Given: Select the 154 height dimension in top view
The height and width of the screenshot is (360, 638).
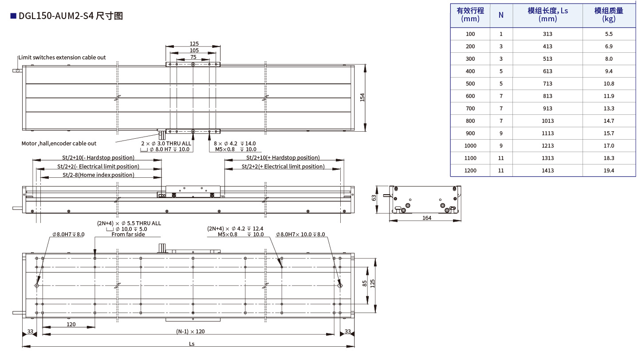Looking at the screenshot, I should (x=362, y=98).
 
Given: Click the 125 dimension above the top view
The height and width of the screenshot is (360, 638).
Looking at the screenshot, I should (x=194, y=43).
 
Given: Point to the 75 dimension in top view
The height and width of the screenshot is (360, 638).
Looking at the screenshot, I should (x=193, y=57).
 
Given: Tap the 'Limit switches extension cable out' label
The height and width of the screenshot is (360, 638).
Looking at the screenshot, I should (x=62, y=57).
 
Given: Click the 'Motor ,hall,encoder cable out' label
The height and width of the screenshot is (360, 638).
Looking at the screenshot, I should (x=59, y=143).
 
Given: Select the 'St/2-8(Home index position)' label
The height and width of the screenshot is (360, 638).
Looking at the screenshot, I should (x=98, y=175).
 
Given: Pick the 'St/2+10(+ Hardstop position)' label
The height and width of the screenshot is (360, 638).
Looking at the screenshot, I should (x=283, y=157).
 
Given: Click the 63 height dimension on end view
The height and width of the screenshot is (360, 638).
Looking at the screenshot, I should (x=374, y=198).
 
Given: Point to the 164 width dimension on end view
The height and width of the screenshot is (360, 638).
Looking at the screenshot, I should (x=427, y=218).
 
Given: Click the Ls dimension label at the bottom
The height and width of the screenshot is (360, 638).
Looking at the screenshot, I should (x=192, y=344).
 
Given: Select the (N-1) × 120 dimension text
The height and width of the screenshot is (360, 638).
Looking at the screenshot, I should (x=190, y=331).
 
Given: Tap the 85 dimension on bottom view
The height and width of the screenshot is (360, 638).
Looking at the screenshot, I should (x=365, y=284).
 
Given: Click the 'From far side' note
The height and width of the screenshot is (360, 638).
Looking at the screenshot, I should (x=128, y=234).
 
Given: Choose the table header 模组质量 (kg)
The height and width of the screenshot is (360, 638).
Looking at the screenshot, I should (x=609, y=15).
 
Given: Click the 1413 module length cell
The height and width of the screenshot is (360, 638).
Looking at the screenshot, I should (x=547, y=170).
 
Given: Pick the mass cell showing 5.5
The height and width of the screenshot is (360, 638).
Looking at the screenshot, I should (x=609, y=34).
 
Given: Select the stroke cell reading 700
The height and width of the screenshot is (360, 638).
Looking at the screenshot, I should (x=470, y=108).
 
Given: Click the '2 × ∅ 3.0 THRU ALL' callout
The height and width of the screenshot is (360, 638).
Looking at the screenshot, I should (x=166, y=143).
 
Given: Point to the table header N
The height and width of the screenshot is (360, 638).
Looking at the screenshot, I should (x=501, y=15).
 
